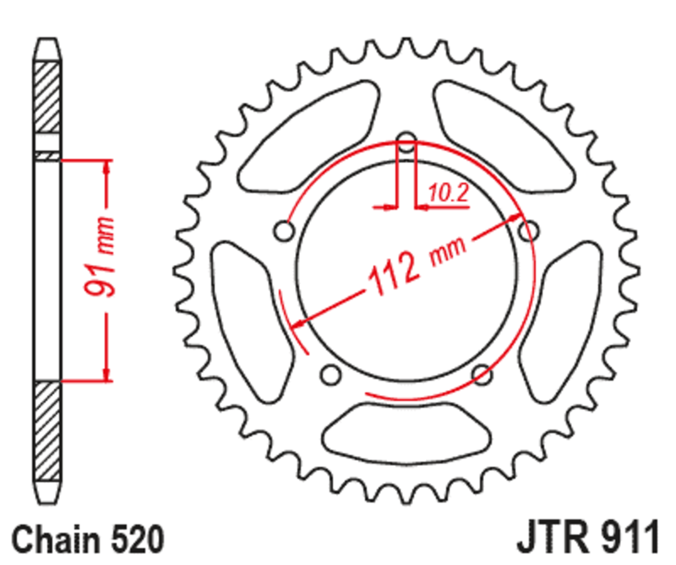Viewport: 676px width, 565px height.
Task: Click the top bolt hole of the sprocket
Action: coord(406,141)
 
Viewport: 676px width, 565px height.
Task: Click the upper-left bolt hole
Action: coord(284,230)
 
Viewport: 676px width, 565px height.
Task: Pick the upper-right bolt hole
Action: coord(529,230)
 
